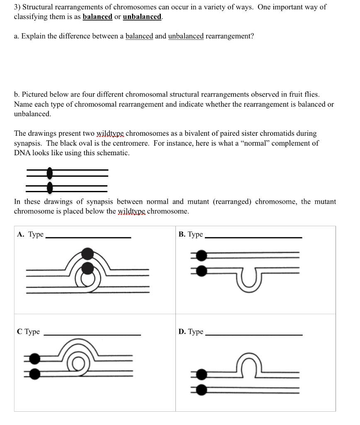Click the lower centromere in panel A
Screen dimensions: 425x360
click(x=88, y=268)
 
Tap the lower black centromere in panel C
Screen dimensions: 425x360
click(x=35, y=373)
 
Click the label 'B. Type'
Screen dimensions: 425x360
click(x=191, y=234)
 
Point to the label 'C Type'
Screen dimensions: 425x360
click(x=29, y=332)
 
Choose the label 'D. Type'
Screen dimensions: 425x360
click(x=191, y=332)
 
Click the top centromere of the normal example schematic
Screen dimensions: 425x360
click(x=50, y=172)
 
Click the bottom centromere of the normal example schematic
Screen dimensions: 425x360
click(x=50, y=188)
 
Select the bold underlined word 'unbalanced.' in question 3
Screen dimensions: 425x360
click(x=143, y=17)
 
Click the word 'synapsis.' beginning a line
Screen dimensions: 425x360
click(x=28, y=143)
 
